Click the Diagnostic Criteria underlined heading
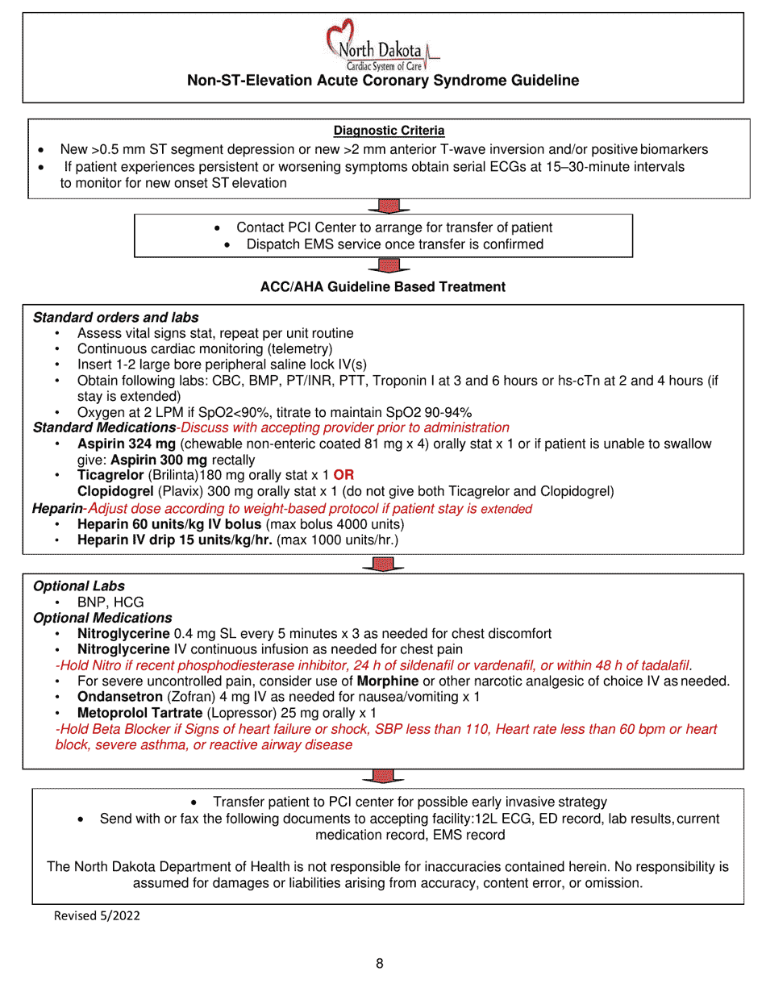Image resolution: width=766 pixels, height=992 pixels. click(389, 131)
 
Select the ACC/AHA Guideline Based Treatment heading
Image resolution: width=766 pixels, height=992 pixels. click(383, 287)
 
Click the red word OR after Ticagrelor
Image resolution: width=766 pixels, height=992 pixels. click(343, 476)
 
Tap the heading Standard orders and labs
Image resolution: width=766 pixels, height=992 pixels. click(115, 318)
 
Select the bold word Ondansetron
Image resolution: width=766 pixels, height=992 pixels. click(119, 698)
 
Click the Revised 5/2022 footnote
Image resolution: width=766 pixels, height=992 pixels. click(90, 916)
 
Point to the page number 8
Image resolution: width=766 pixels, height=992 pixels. click(380, 964)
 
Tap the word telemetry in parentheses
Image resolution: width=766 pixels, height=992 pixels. click(299, 349)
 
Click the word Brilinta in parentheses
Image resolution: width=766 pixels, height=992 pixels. click(171, 476)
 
